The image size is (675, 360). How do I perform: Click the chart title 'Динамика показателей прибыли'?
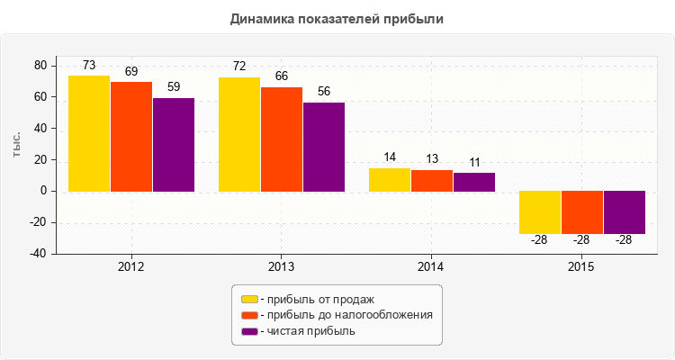337,19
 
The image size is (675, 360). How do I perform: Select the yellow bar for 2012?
89,133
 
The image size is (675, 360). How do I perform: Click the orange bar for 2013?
282,139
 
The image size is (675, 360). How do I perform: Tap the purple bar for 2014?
474,182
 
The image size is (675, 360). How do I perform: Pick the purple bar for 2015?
625,212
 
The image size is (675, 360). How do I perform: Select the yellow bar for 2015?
540,212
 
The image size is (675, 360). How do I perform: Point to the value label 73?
89,66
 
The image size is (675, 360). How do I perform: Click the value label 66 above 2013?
282,76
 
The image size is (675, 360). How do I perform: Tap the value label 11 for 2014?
474,163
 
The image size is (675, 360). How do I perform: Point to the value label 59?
174,87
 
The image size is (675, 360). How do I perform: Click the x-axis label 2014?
430,267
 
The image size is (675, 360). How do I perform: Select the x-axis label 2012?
130,267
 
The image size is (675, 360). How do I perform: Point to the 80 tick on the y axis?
39,66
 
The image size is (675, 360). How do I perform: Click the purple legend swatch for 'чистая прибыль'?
249,331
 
